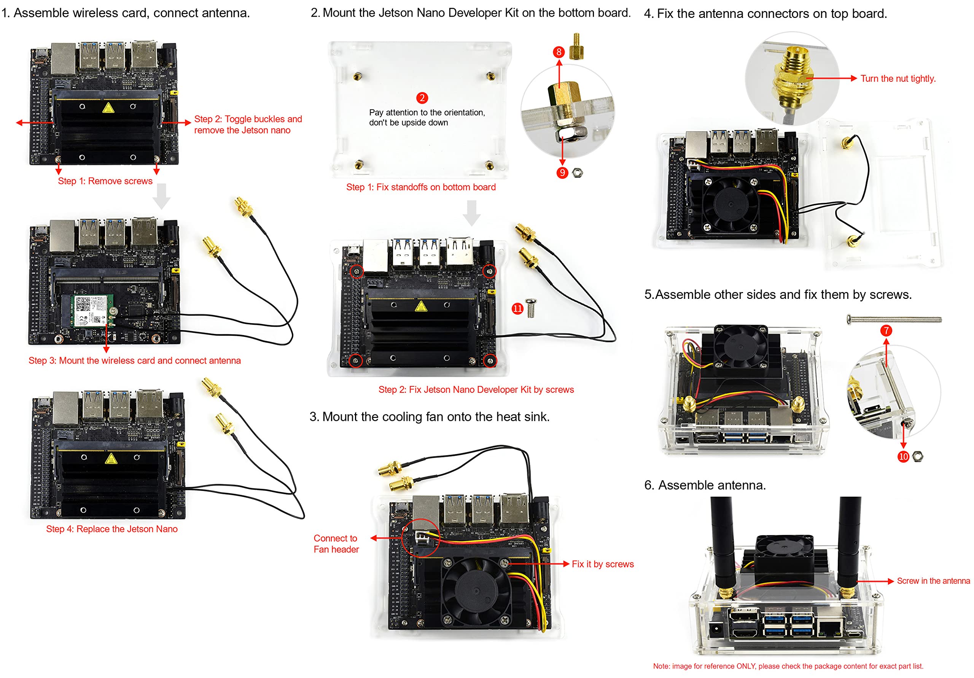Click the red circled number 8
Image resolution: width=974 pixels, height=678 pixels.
(x=559, y=52)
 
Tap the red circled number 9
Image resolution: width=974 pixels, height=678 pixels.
(x=562, y=173)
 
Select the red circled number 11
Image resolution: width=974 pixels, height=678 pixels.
(x=517, y=308)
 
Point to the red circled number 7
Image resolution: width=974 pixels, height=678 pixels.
(x=886, y=330)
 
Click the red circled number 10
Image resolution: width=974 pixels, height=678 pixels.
(x=903, y=456)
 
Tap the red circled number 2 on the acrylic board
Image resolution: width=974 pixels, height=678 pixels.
(x=422, y=98)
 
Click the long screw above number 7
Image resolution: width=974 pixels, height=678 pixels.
(x=894, y=319)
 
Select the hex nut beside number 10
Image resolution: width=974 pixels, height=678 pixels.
(x=917, y=456)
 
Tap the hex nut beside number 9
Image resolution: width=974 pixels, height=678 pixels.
(x=577, y=173)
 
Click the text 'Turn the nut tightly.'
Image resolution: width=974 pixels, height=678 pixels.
(x=898, y=78)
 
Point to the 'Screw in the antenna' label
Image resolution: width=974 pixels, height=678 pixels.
(x=933, y=581)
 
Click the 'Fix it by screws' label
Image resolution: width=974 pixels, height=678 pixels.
(x=602, y=564)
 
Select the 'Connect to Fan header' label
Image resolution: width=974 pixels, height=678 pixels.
(x=336, y=544)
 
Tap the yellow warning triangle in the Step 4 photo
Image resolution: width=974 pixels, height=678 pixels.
(x=111, y=458)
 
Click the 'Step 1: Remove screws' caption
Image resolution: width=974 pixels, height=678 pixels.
(x=105, y=181)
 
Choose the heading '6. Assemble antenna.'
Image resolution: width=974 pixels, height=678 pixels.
(x=705, y=485)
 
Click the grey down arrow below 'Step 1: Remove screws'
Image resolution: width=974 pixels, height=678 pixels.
(x=161, y=196)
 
